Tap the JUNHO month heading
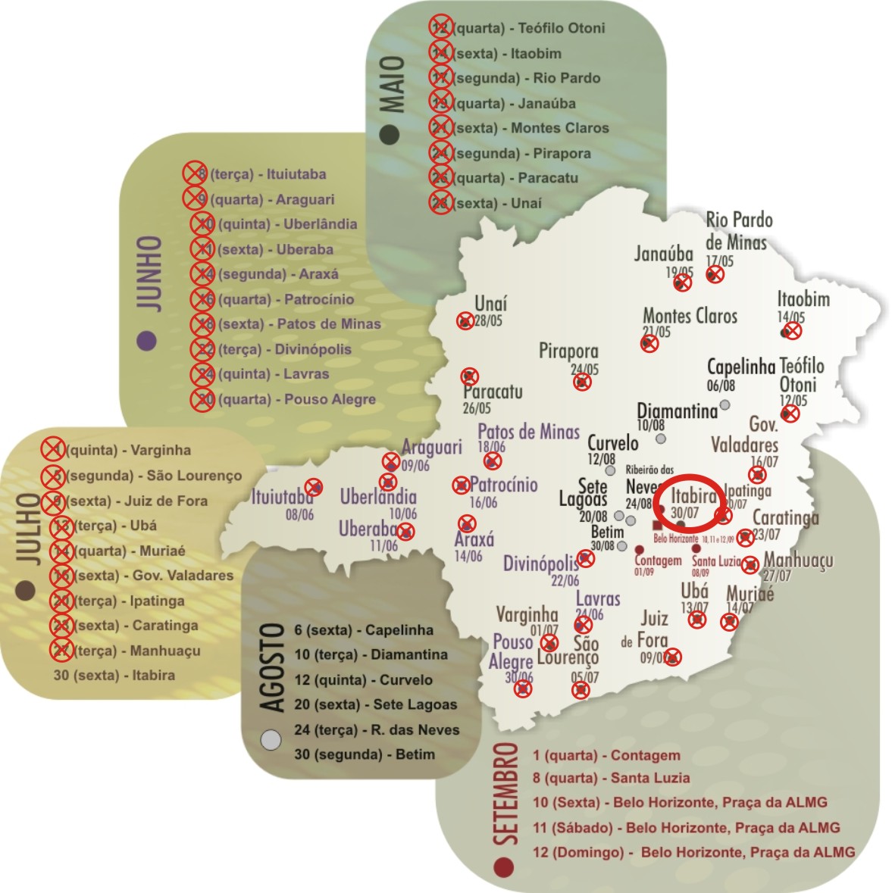pos(149,272)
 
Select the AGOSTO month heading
pos(273,667)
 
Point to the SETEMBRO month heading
pos(505,794)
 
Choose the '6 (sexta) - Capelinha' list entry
pos(364,630)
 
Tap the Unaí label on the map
pos(490,303)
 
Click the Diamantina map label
pos(677,411)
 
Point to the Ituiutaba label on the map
pos(282,498)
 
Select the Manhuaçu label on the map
pos(798,560)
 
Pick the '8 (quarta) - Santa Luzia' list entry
pos(611,778)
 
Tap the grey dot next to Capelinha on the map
pos(725,405)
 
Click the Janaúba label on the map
pos(664,254)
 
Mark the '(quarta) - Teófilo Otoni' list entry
pos(528,28)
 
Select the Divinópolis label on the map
pos(541,564)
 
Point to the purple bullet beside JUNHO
pos(147,341)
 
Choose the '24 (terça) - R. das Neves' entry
pos(377,730)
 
